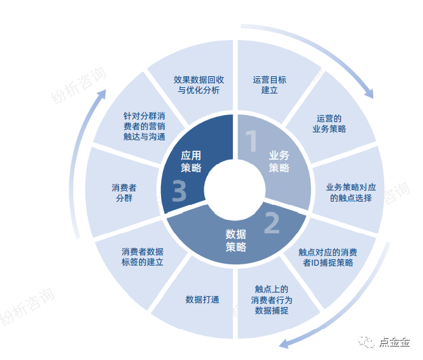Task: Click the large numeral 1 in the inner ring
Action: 252,141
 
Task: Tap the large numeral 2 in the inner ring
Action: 272,222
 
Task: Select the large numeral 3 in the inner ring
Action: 179,191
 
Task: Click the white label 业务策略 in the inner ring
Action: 279,162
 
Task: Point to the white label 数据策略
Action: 236,240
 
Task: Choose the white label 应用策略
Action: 191,162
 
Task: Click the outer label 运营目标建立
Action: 270,85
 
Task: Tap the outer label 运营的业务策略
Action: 329,124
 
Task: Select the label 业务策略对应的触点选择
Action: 351,193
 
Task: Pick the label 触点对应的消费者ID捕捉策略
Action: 328,257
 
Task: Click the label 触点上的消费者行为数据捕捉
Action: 272,300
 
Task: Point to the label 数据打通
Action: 202,300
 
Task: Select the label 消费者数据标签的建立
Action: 142,257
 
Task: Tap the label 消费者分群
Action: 124,193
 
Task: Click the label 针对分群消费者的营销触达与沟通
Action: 144,126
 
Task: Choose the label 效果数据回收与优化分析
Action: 199,85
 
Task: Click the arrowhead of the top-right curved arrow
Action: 369,93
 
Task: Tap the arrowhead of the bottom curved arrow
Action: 284,344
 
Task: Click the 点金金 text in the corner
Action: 394,342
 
